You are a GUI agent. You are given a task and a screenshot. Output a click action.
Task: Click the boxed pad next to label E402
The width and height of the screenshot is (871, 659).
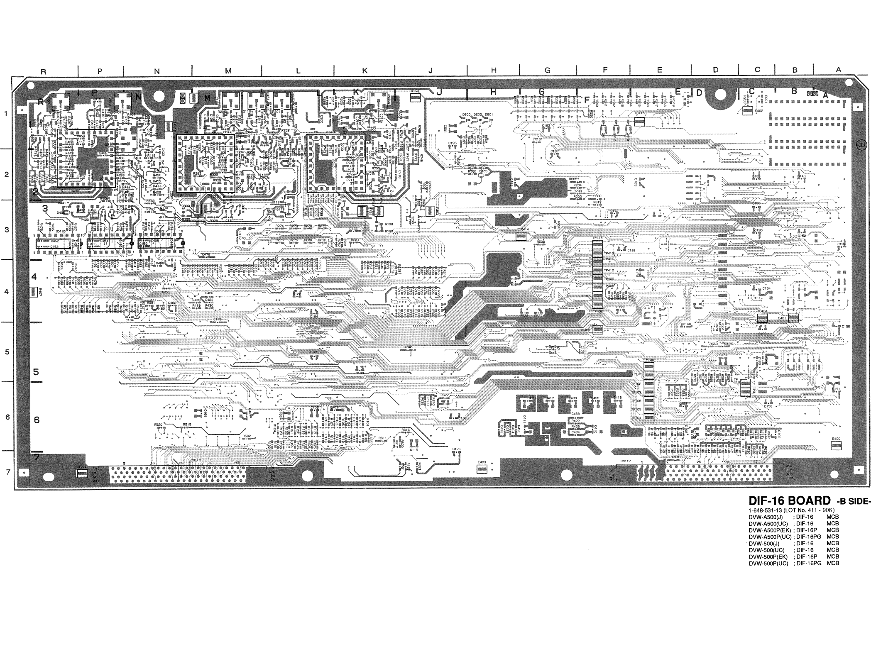point(748,111)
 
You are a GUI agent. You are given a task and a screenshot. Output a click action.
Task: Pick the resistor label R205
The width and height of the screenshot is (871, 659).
point(573,179)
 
